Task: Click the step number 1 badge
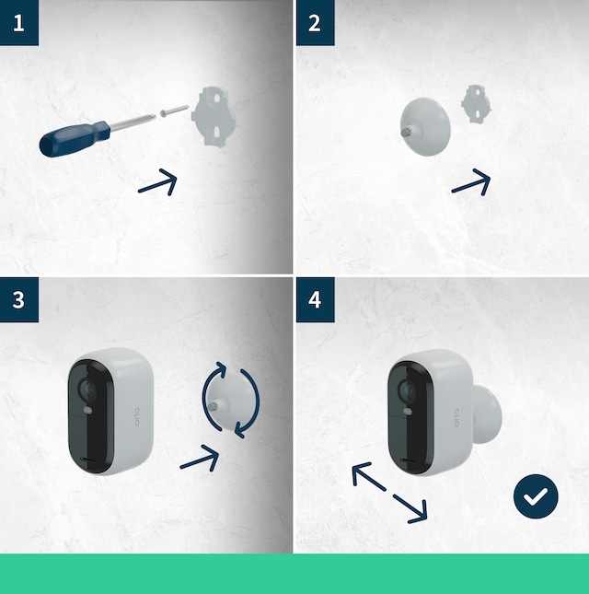point(19,22)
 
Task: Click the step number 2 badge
point(315,22)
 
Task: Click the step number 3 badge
point(19,299)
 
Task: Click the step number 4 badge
point(315,299)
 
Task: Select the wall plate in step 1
point(215,116)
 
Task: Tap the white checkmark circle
point(535,497)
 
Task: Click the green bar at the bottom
point(294,573)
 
